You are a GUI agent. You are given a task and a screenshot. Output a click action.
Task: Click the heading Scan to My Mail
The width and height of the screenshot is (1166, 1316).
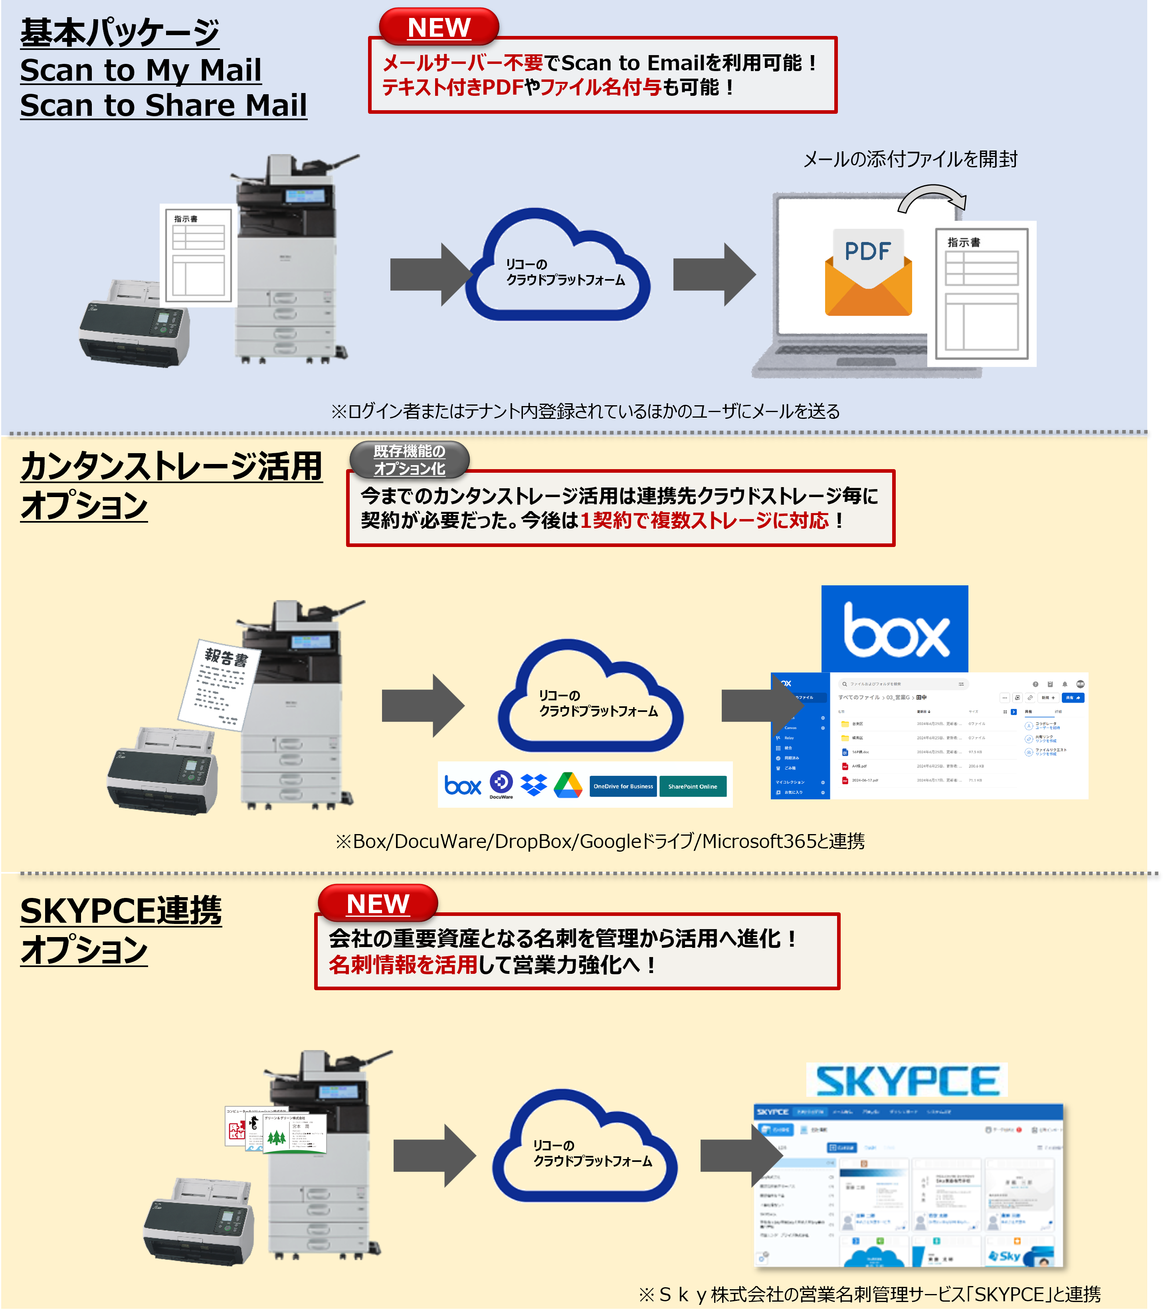(x=141, y=69)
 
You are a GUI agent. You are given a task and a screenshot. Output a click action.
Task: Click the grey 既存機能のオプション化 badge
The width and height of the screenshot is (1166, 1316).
(x=410, y=460)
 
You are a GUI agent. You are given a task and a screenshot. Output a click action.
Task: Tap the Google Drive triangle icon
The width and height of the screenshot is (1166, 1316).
(x=568, y=785)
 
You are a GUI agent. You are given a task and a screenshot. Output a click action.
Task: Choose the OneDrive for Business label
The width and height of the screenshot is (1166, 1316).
(x=623, y=786)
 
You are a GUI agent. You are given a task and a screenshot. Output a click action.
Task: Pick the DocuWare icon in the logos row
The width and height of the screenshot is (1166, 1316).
(x=501, y=783)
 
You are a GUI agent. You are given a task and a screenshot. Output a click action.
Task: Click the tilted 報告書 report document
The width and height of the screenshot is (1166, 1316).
(x=220, y=686)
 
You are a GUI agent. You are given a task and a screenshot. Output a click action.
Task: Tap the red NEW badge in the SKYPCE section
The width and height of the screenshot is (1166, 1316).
(x=378, y=903)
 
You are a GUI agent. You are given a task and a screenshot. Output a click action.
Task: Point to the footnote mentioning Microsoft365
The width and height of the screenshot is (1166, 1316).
(x=600, y=841)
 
